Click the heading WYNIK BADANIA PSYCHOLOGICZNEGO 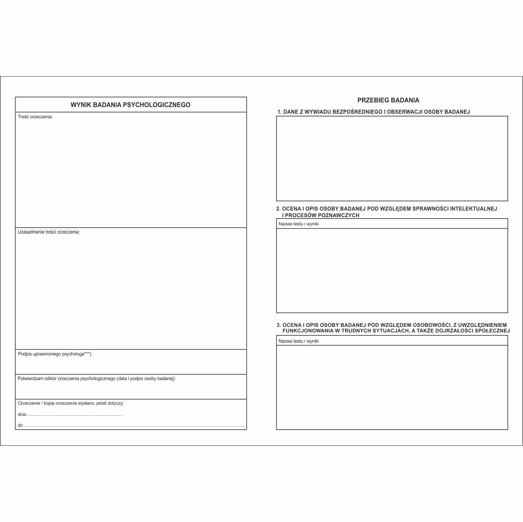130,105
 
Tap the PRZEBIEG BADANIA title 388,100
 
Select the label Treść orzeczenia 35,117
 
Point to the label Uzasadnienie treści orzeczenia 49,232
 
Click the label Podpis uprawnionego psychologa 55,354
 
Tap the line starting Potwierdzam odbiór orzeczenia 96,379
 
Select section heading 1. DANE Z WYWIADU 373,111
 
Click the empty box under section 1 392,158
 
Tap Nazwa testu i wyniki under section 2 298,224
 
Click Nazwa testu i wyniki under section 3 298,341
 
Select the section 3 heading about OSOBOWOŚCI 393,327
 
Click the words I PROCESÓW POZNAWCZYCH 321,215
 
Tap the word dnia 22,414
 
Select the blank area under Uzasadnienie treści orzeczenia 130,292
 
